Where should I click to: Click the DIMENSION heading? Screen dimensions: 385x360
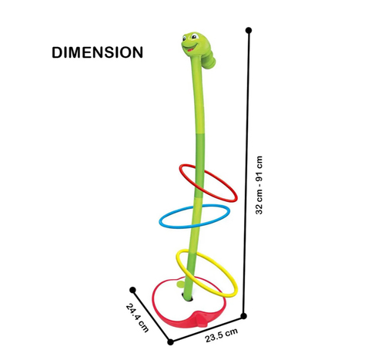coord(98,52)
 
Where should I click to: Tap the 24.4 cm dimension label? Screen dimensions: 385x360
coord(138,318)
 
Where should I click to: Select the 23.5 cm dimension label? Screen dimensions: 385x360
coord(222,335)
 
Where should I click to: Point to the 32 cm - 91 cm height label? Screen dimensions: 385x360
coord(259,185)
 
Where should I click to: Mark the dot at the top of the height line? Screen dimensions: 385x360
coord(249,30)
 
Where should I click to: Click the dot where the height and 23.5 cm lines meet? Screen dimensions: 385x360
coord(244,316)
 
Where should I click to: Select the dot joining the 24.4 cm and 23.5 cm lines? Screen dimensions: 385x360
coord(170,342)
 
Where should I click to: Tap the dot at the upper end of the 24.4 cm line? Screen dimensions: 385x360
coord(132,290)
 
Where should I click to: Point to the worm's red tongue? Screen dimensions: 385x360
coord(190,50)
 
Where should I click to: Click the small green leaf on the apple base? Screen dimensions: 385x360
coord(181,284)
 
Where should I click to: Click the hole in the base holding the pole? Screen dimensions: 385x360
coord(188,298)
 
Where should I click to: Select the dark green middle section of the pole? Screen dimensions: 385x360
coord(199,165)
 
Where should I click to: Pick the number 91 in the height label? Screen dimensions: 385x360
coord(259,177)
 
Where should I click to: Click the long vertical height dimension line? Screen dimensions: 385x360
coord(246,173)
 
